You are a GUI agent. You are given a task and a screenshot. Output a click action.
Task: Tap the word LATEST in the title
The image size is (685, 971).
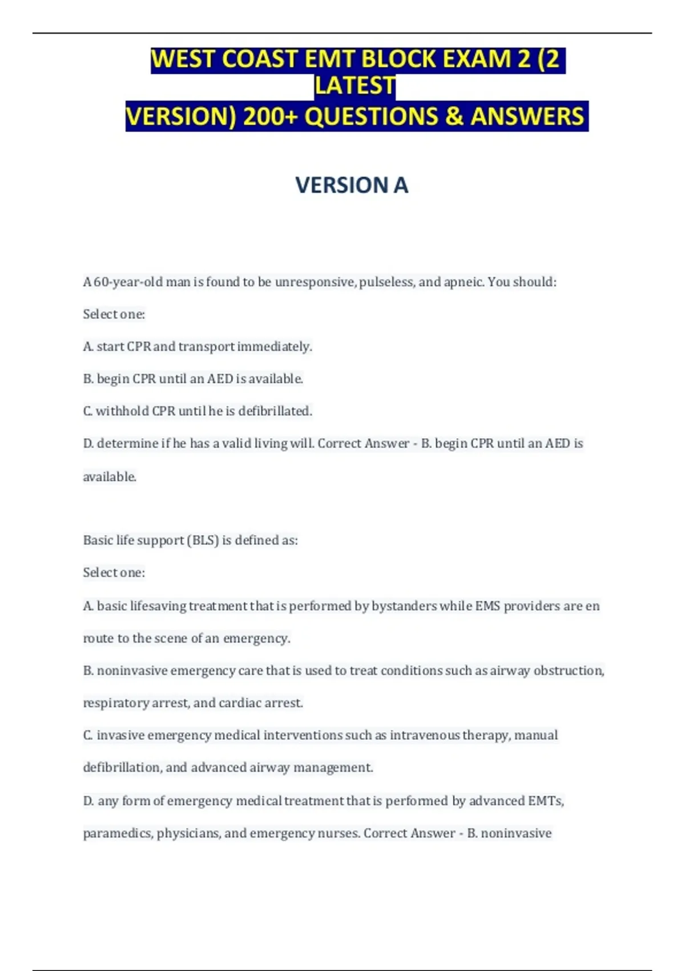pyautogui.click(x=355, y=86)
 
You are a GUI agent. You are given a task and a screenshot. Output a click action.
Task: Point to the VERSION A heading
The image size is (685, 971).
pyautogui.click(x=352, y=185)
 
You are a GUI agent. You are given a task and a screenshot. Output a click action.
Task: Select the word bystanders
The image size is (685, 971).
pyautogui.click(x=404, y=606)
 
